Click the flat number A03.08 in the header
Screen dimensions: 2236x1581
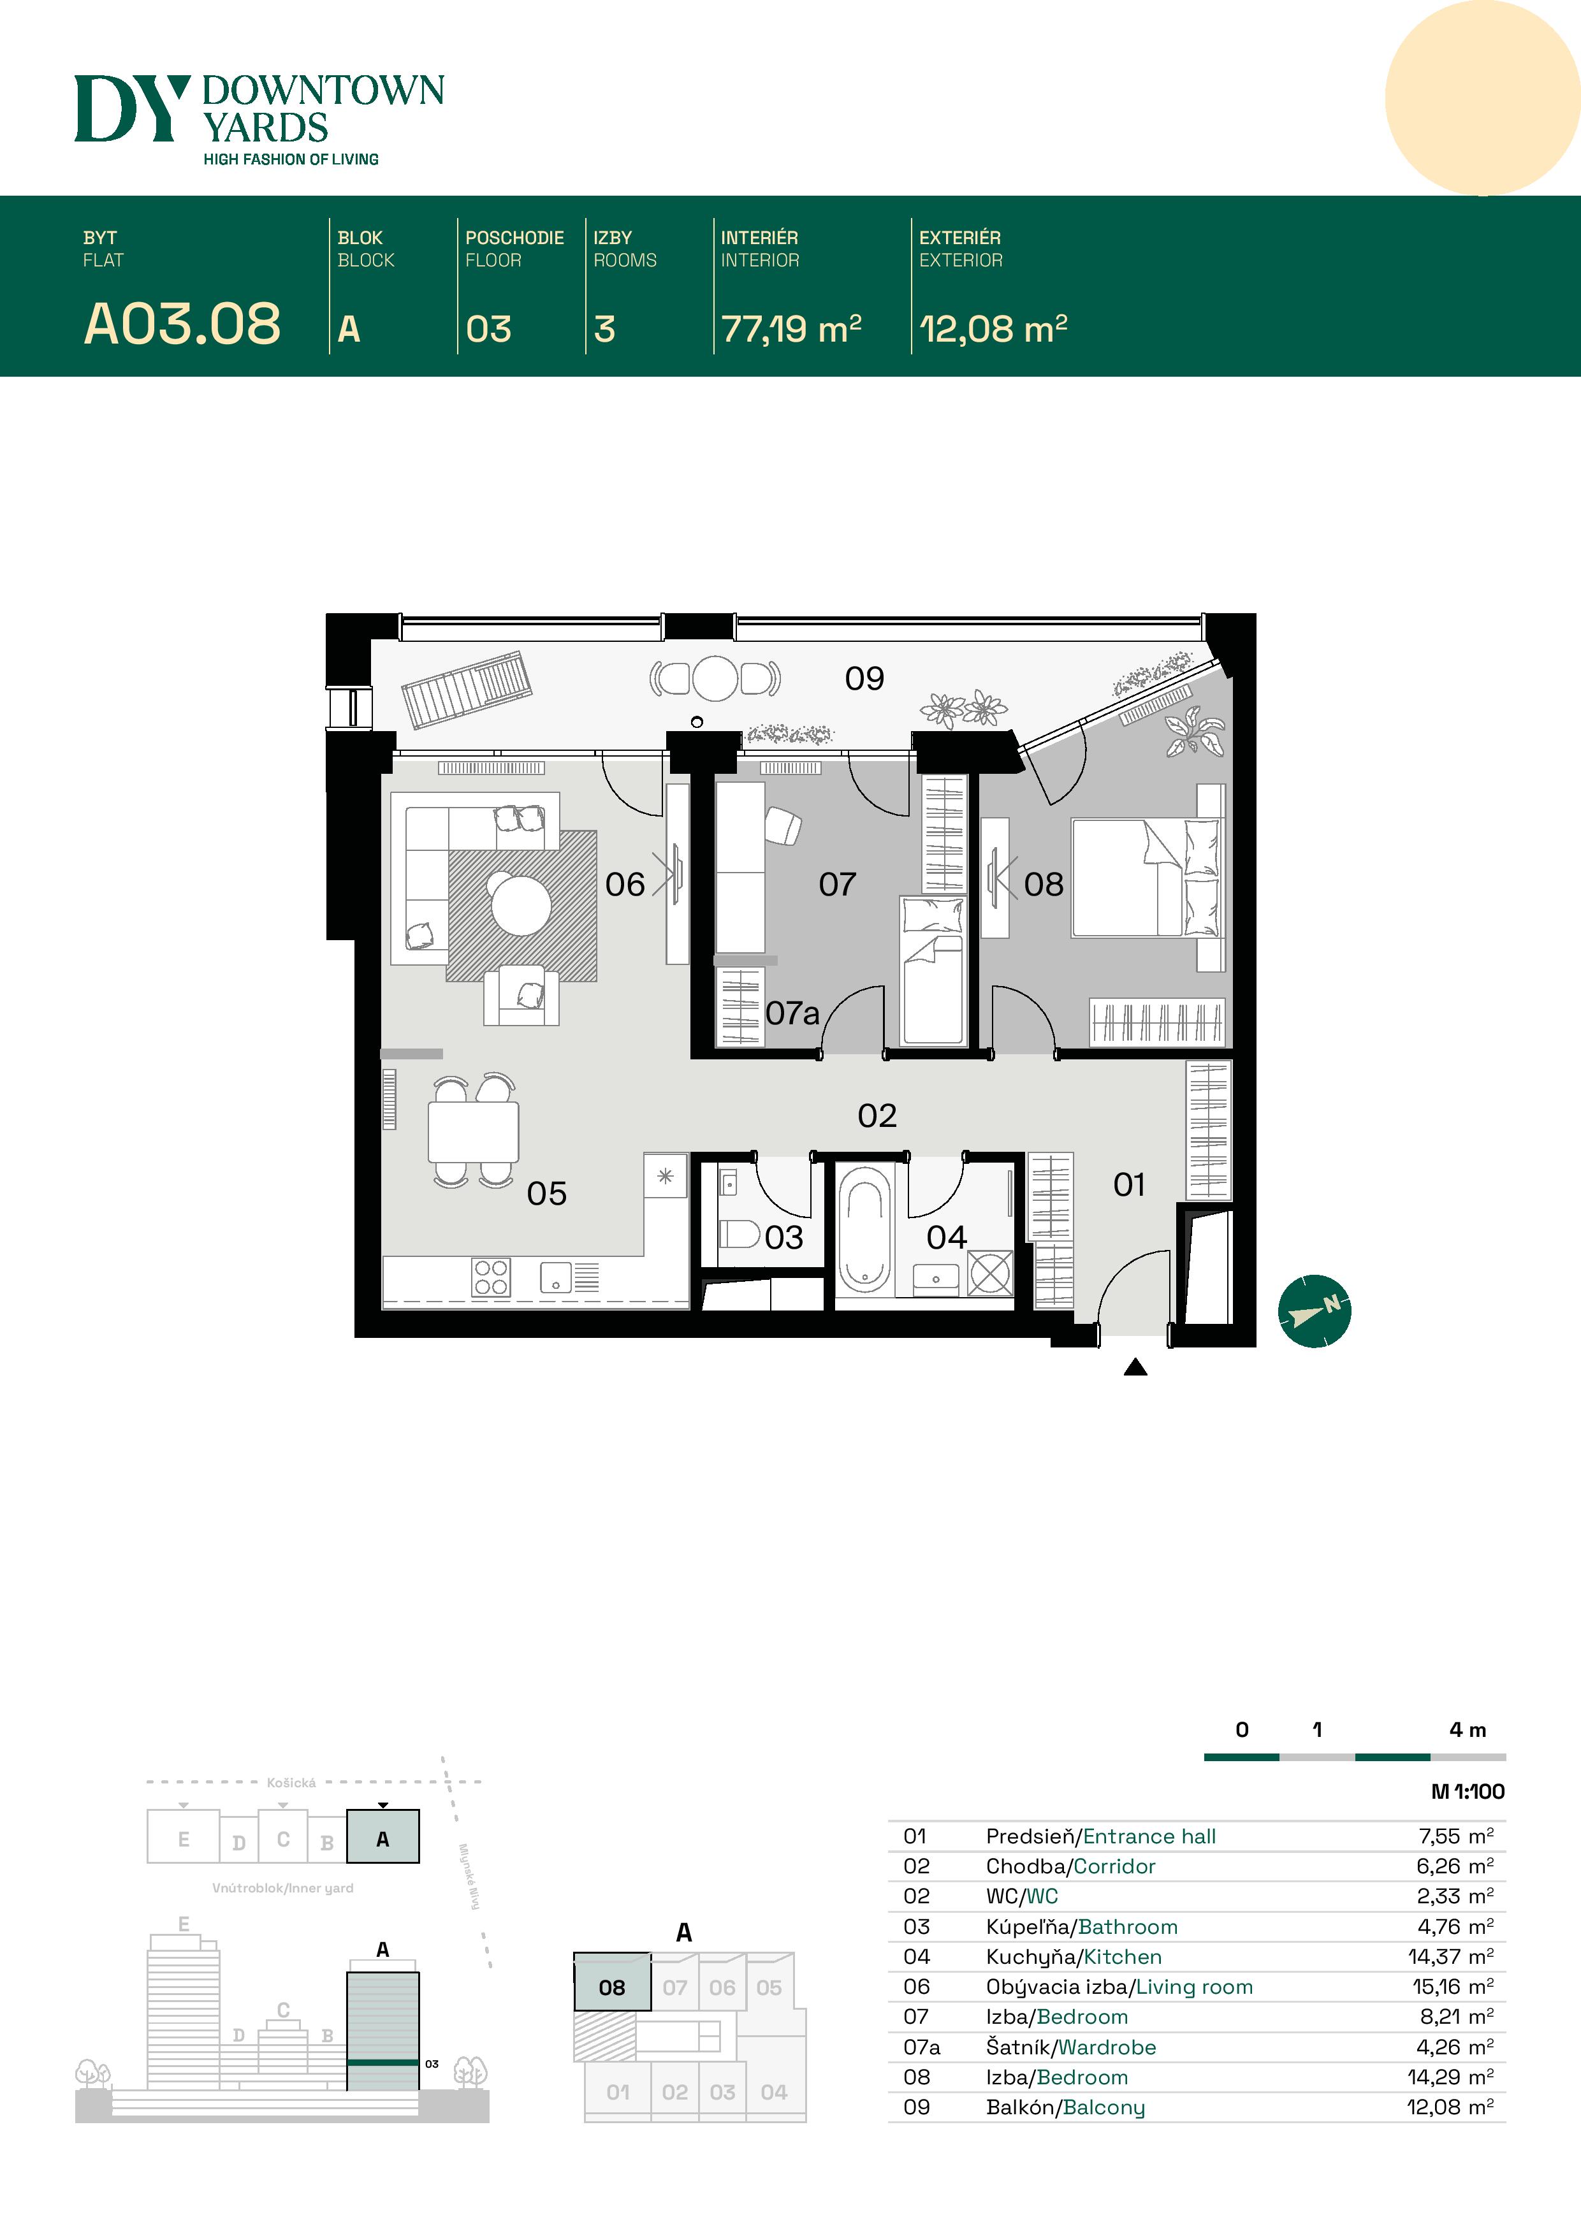pos(182,324)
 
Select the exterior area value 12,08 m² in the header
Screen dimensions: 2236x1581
pos(993,329)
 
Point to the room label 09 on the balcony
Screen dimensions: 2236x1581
pos(864,679)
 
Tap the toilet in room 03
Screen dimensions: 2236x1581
pos(739,1235)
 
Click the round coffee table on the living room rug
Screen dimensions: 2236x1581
pos(520,904)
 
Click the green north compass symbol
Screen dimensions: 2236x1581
pos(1314,1311)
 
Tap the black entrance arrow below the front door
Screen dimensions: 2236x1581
pos(1135,1367)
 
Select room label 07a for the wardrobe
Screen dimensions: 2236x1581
pos(791,1014)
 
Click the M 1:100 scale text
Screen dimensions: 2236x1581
pos(1467,1791)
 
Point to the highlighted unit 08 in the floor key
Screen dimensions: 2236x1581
pos(612,1987)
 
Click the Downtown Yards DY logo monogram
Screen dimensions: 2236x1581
pos(129,108)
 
